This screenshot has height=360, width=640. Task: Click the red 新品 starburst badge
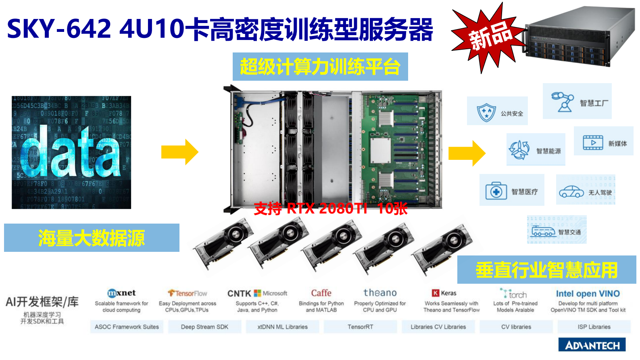(488, 38)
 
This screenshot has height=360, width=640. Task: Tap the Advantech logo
(592, 345)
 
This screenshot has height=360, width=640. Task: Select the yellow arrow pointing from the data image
(180, 152)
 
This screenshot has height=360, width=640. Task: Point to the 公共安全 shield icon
(486, 112)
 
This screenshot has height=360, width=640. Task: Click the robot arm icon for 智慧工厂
(563, 102)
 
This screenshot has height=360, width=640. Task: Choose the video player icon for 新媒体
(593, 143)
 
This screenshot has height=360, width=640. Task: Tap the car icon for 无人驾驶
(571, 192)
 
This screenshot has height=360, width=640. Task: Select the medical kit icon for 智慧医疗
(496, 191)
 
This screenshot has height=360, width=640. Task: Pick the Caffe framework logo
(321, 293)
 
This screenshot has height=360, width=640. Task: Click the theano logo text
(380, 293)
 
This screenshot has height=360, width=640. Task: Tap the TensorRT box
(360, 327)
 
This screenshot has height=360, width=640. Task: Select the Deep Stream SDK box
(204, 327)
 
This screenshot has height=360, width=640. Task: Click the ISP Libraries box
(594, 327)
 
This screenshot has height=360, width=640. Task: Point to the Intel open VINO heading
(588, 294)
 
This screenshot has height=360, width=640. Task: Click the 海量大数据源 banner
(92, 238)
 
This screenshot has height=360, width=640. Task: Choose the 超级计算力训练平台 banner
(320, 67)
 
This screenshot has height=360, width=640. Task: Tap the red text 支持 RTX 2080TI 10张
(331, 208)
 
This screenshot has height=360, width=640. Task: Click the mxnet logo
(121, 293)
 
